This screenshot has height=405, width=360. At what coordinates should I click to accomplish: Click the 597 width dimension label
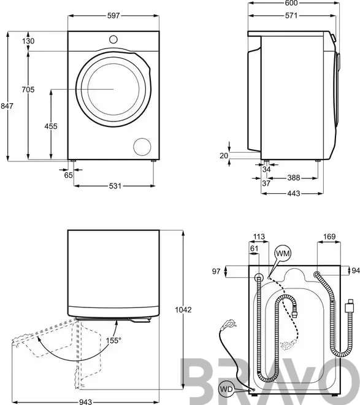113,15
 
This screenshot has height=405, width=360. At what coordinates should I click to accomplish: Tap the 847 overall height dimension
7,106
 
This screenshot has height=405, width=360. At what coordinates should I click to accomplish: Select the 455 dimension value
51,126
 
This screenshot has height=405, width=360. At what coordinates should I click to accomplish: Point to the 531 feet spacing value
115,186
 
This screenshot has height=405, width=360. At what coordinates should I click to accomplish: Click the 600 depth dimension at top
291,3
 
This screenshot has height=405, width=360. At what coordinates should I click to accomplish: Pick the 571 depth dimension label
291,15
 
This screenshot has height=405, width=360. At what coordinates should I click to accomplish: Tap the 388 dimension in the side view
294,178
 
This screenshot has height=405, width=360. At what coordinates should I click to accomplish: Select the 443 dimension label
294,193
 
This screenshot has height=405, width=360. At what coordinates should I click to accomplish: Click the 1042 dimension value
183,309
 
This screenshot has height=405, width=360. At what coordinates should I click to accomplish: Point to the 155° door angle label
113,341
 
